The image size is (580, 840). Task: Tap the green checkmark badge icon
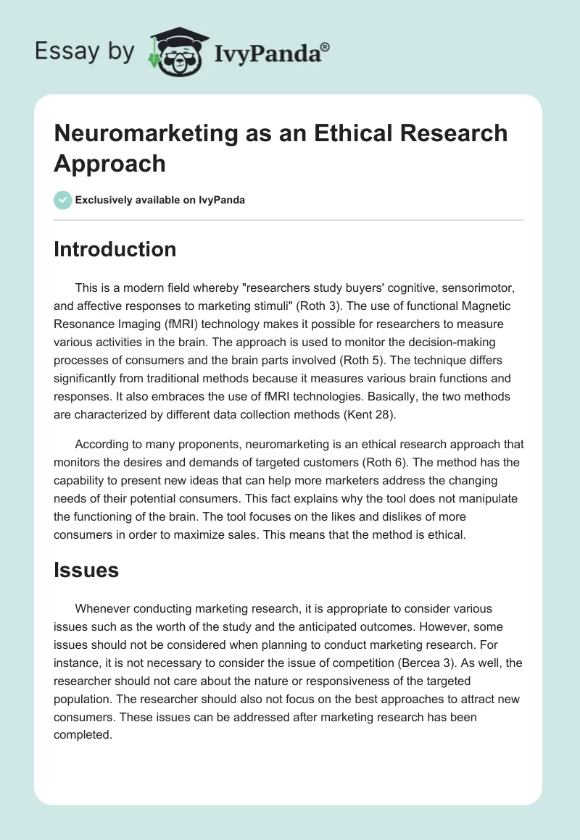point(63,200)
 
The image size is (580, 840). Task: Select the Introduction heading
point(115,249)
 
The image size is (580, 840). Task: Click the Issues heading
point(86,571)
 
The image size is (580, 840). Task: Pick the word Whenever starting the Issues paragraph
point(104,610)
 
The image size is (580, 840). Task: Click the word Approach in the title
point(109,164)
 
